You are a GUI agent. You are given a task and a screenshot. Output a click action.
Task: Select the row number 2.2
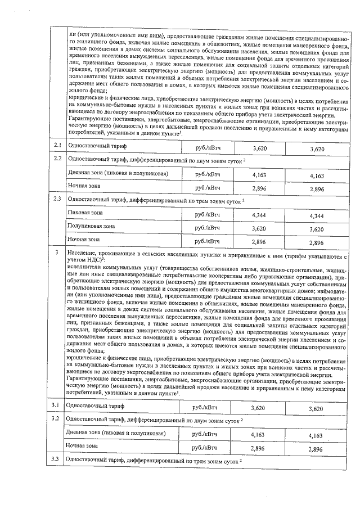[57, 159]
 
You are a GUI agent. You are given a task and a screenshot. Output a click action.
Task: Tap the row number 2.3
[57, 199]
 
